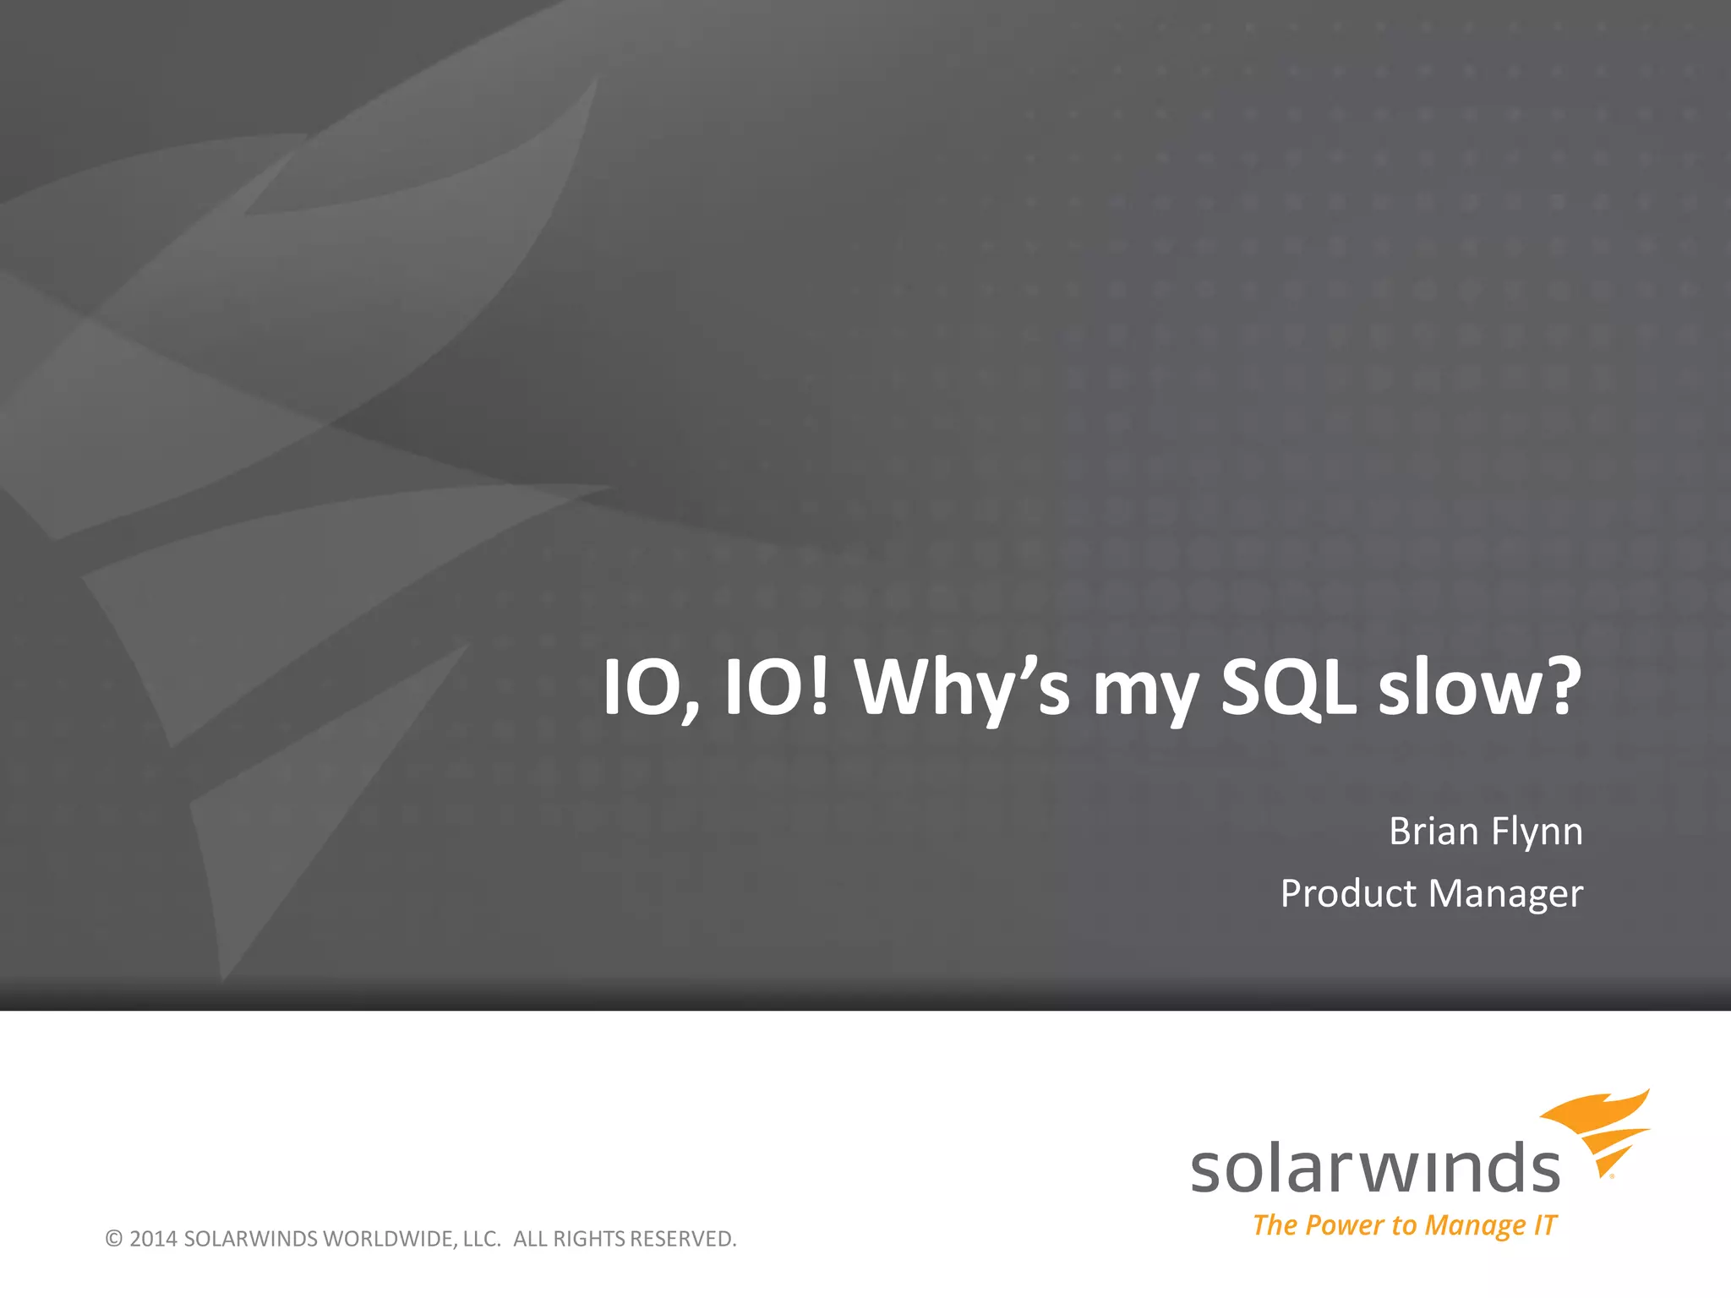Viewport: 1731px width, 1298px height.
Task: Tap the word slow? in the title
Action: [1479, 688]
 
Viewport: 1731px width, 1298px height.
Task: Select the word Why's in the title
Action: [962, 688]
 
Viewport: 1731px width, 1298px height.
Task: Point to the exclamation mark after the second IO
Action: [818, 686]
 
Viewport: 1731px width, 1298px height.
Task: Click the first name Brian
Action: [1433, 832]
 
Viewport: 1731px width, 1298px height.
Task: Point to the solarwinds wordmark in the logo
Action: [1375, 1170]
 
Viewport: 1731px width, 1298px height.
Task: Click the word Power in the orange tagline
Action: [1345, 1225]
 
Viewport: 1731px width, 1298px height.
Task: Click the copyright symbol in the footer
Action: [114, 1239]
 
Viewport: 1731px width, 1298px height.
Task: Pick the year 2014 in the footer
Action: [153, 1239]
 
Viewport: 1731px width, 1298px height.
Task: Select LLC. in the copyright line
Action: [483, 1239]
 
